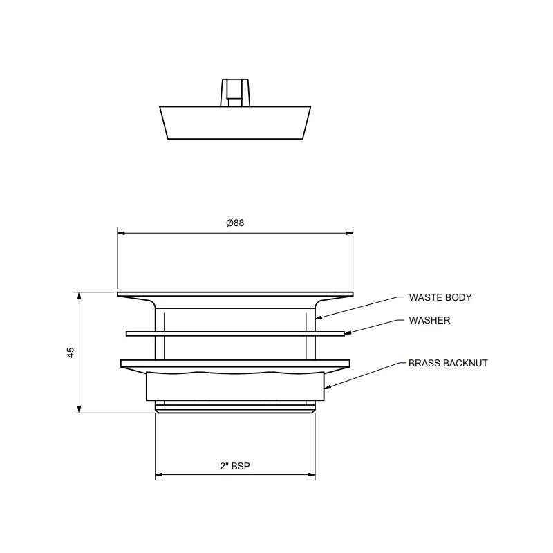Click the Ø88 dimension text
click(x=235, y=223)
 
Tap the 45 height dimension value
click(x=71, y=353)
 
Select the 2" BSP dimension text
click(x=235, y=466)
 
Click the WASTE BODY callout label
click(x=440, y=297)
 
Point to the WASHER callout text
click(x=429, y=320)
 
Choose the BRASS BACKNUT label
click(x=448, y=363)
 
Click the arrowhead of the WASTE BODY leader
click(x=319, y=318)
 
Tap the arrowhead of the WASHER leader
click(x=348, y=332)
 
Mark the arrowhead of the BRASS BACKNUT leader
click(x=328, y=388)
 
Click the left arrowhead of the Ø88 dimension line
click(x=121, y=233)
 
